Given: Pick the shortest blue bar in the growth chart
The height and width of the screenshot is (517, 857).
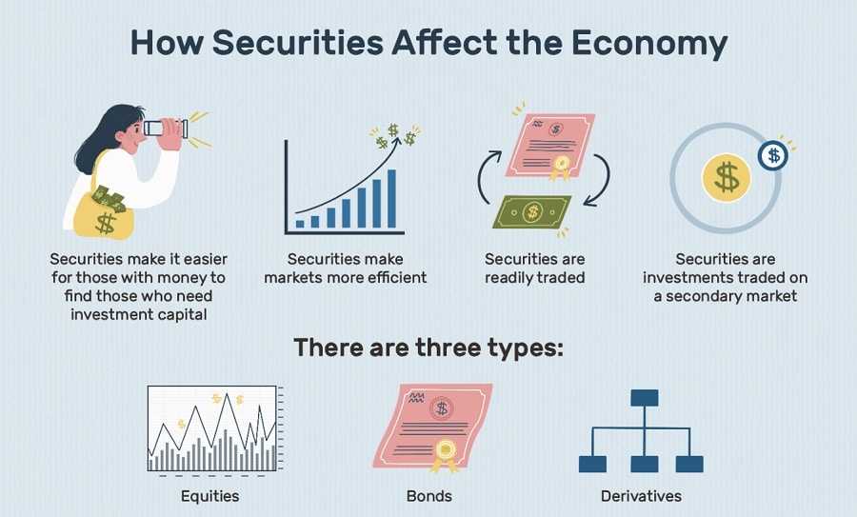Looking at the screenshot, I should coord(300,223).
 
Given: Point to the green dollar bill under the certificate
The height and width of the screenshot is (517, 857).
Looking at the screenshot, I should coord(531,211).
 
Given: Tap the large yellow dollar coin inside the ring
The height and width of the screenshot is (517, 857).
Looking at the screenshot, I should coord(727,177).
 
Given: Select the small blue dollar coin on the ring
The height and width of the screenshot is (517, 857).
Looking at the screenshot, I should coord(772,155).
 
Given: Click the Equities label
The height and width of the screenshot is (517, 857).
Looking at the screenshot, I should coord(209,496).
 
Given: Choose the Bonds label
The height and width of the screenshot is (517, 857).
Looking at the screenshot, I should coord(428,496).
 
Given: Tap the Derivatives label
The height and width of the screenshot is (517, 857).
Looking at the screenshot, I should coord(641,496).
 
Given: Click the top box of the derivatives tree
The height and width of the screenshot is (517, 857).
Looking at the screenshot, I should coord(644,397).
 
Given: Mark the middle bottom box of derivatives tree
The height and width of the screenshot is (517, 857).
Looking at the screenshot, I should coord(644,464).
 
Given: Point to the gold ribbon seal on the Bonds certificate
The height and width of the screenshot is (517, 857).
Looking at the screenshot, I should coord(444,453).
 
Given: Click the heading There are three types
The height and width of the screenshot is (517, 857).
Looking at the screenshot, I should coord(428,347).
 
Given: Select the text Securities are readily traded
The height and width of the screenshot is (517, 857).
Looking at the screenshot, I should coord(534,268).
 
